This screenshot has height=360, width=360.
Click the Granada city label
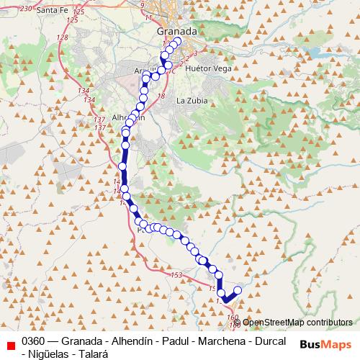tap(176, 32)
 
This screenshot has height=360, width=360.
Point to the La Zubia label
tap(192, 100)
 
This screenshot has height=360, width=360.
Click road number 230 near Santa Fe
tap(27, 7)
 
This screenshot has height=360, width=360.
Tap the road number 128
tap(62, 37)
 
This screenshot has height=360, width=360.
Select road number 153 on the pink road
tap(177, 276)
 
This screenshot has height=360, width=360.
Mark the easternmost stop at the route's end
tap(238, 290)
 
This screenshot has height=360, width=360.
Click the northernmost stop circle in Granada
tap(177, 42)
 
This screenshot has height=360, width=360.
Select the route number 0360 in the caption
tap(34, 341)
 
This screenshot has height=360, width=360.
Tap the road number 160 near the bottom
tap(232, 317)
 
